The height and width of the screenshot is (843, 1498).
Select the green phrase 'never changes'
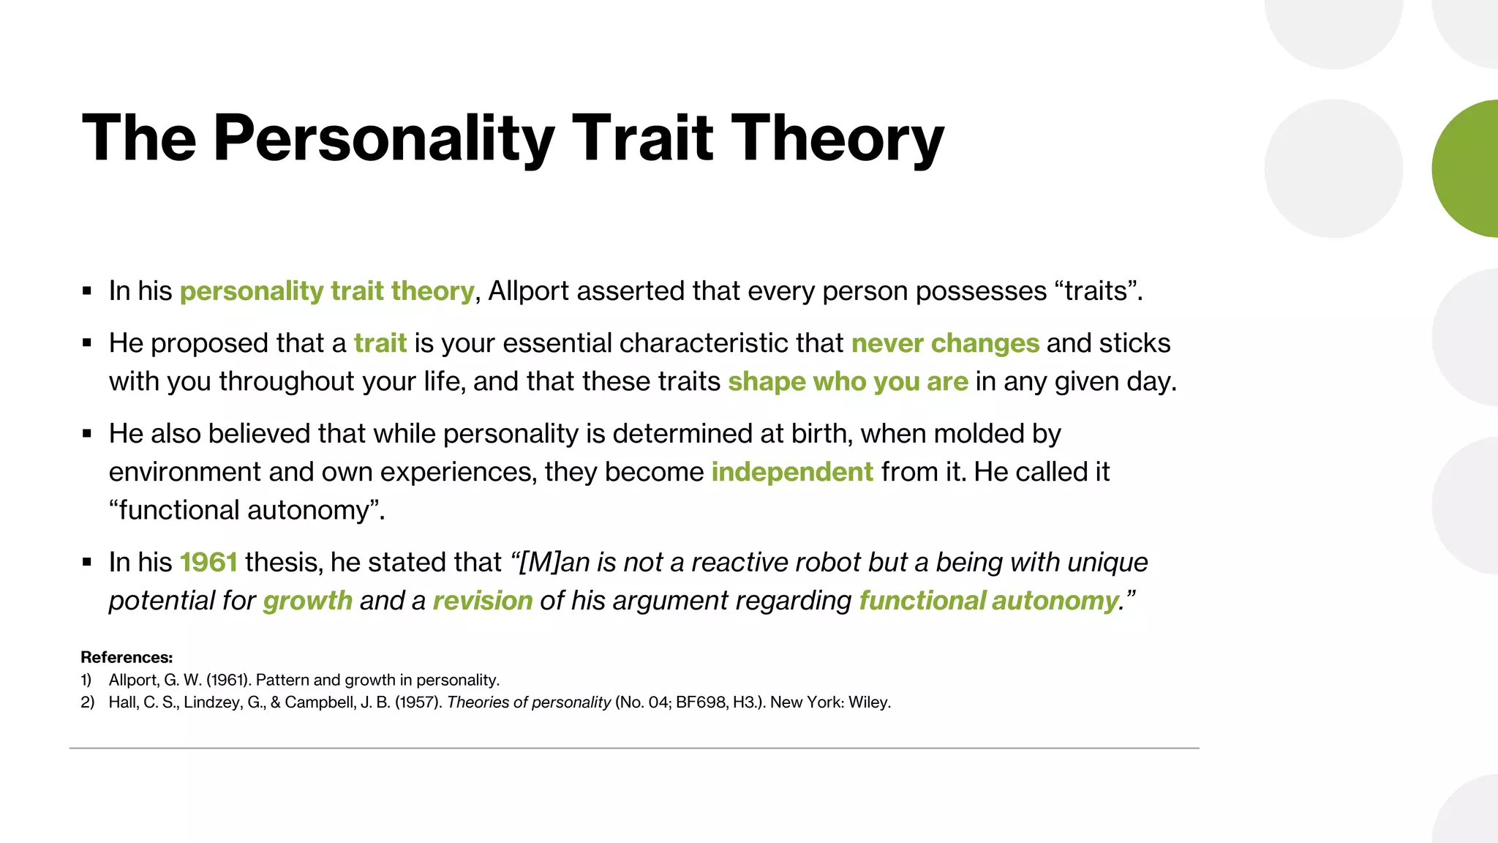coord(945,343)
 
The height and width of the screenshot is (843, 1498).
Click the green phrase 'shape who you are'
coord(848,381)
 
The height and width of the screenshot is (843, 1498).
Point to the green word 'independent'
coord(792,472)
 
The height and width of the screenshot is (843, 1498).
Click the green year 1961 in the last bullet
coord(208,562)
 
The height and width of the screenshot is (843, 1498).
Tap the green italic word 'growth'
coord(307,601)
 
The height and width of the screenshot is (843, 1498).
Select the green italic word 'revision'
coord(483,601)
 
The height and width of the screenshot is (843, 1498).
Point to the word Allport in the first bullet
coord(529,291)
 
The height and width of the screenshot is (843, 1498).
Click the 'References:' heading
coord(127,657)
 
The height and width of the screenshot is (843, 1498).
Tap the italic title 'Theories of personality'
coord(528,702)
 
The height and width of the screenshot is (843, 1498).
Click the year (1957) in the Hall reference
coord(418,702)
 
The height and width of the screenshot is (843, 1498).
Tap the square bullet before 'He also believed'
coord(87,434)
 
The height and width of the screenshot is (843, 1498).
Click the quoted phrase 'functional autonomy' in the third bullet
coord(246,510)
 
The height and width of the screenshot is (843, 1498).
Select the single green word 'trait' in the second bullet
coord(380,343)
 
